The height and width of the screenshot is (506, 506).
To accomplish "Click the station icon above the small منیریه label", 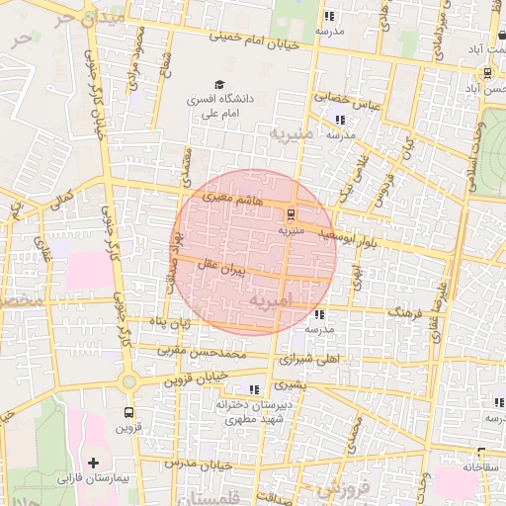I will coord(292,213).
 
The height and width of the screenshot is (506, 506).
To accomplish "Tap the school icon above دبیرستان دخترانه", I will coord(255,389).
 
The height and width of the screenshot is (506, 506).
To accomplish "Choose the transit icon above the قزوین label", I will coord(128,412).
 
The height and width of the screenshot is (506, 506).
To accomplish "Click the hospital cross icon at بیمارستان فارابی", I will coord(94,463).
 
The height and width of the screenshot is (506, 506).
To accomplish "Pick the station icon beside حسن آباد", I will coord(487,73).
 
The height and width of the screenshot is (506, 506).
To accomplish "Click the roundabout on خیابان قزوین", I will coord(128,381).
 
